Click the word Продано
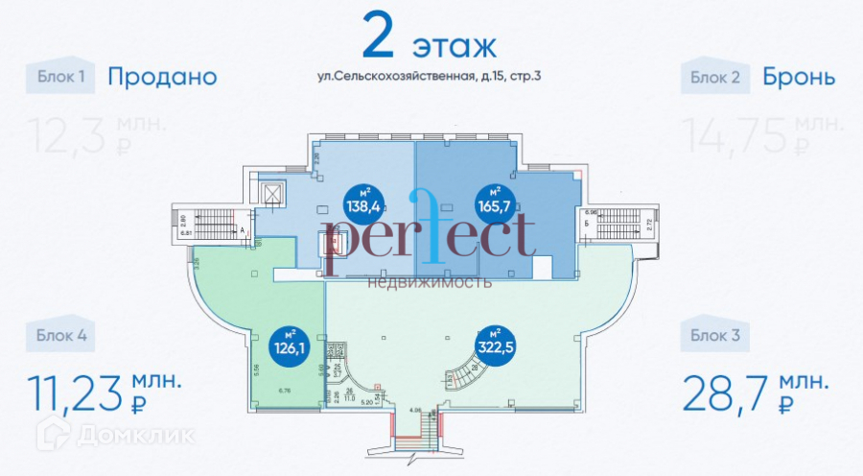pos(162,77)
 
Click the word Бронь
pos(800,77)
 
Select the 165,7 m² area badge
pos(497,202)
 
